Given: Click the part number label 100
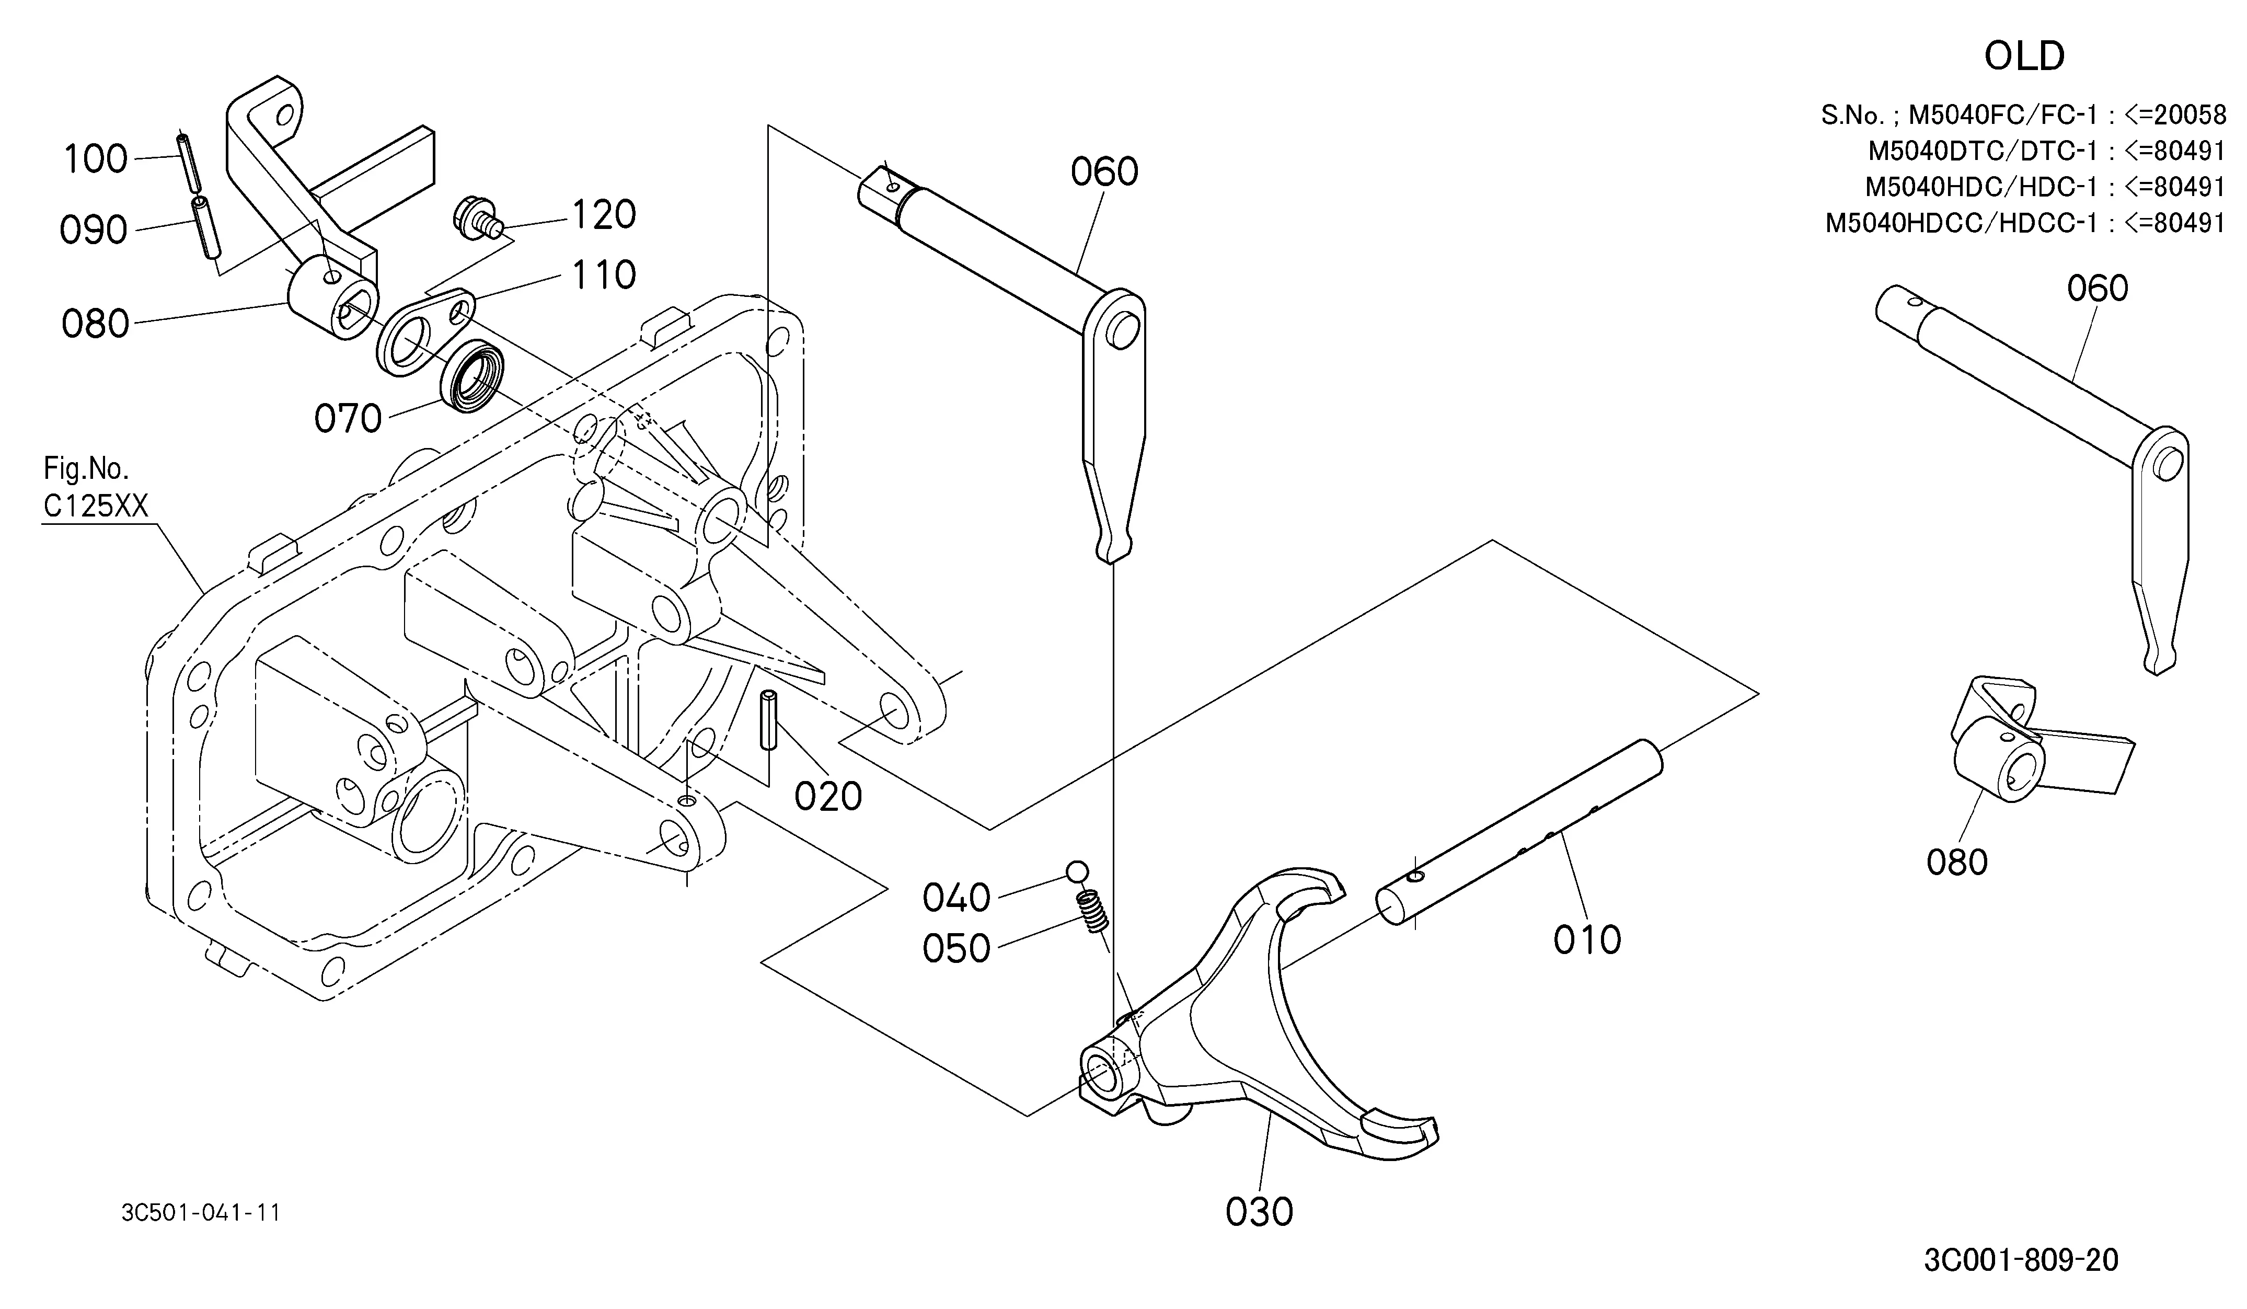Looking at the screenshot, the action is pyautogui.click(x=96, y=159).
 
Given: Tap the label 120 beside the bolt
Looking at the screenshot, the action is pyautogui.click(x=604, y=215).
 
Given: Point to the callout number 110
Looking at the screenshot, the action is pyautogui.click(x=604, y=275).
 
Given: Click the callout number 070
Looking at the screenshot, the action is pyautogui.click(x=348, y=418).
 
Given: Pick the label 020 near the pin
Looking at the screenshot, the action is pyautogui.click(x=828, y=796).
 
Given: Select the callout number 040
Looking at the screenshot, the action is pyautogui.click(x=957, y=898).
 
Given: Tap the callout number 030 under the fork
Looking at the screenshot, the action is pyautogui.click(x=1259, y=1212).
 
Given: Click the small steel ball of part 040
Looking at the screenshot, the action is pyautogui.click(x=1077, y=871).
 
